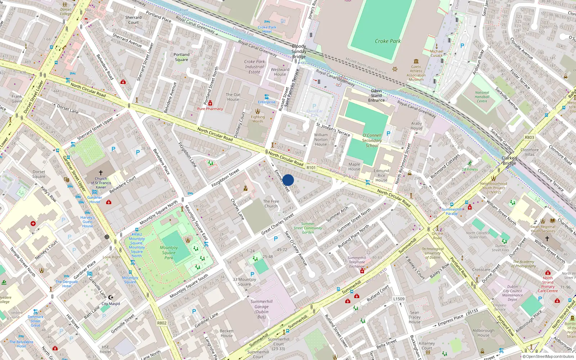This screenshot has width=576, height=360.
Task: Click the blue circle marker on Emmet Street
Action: coord(288,180)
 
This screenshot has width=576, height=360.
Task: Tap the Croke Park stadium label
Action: coord(387,41)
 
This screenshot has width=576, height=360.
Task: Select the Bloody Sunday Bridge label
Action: coord(299,51)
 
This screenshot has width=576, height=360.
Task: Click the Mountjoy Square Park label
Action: coord(169,252)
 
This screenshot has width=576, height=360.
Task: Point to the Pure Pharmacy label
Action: coord(210,109)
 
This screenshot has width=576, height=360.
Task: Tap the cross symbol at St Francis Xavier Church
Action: coord(101,173)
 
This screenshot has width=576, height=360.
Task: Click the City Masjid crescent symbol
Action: coord(111,297)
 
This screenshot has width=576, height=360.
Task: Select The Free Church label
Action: coord(271,204)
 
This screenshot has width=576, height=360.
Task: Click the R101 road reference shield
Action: coord(311,168)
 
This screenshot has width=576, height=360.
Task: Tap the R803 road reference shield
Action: coord(529,137)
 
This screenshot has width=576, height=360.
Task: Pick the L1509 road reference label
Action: coord(399,299)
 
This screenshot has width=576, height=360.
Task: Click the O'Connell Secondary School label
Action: coord(372,140)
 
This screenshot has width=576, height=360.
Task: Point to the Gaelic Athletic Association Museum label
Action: coord(416,73)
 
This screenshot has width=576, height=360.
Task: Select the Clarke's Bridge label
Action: coord(509,161)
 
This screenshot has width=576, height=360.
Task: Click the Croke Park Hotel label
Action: coord(267,29)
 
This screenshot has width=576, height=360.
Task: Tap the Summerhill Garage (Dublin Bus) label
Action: coord(261,309)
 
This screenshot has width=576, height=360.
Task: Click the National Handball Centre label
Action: coord(482,96)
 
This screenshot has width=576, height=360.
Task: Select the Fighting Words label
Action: coord(257,119)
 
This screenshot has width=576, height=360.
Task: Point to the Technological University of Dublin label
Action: coord(432,253)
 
